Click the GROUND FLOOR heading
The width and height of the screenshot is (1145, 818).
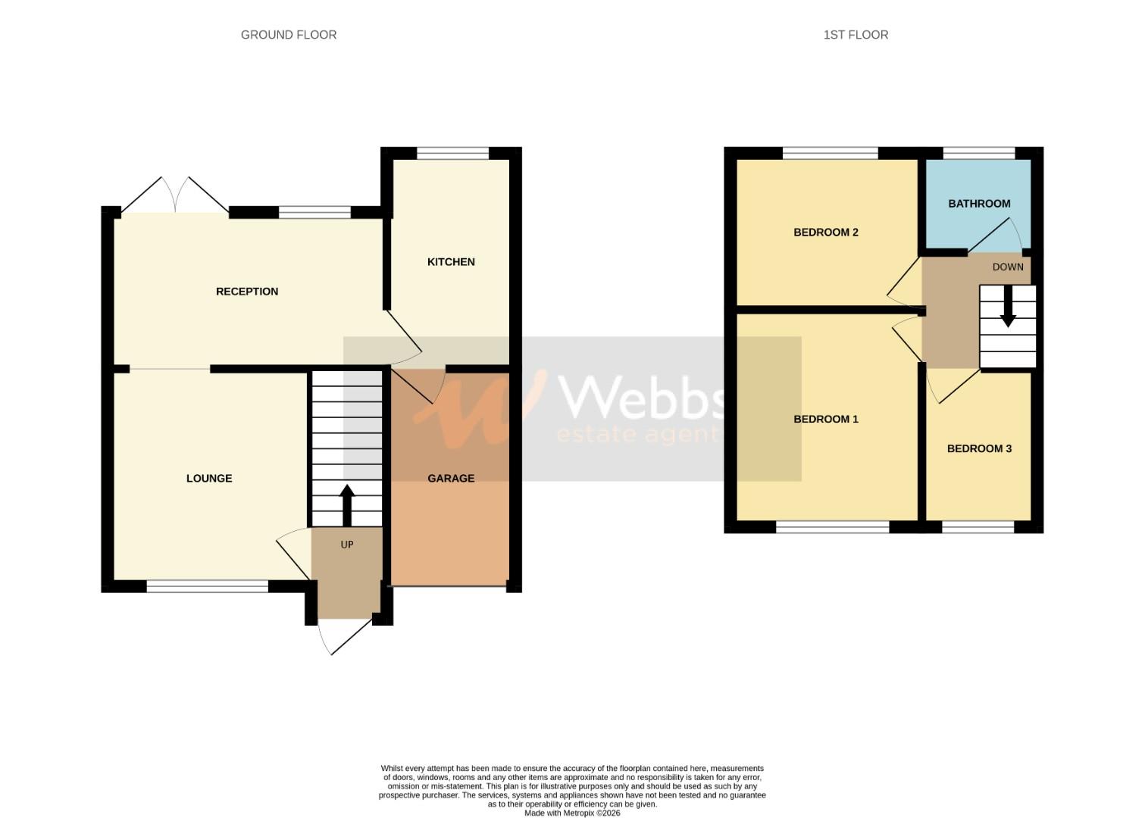(288, 35)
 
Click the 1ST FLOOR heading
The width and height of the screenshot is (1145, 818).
(856, 35)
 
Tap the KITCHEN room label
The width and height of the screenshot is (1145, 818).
(451, 262)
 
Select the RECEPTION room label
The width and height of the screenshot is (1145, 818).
(247, 292)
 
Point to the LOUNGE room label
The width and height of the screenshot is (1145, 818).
(209, 479)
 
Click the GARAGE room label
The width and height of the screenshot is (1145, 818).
(451, 479)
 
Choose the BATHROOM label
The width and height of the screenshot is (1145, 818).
(979, 204)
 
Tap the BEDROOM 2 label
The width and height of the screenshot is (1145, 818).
(825, 233)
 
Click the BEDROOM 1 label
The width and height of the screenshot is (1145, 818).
(825, 420)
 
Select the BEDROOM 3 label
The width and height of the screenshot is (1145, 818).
(979, 449)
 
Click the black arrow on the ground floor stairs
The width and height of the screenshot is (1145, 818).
(347, 504)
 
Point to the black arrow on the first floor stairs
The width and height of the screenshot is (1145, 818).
(1008, 306)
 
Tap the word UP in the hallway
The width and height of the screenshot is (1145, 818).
(347, 545)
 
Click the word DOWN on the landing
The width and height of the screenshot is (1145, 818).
(1008, 267)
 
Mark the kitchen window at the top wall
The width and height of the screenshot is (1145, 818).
(453, 153)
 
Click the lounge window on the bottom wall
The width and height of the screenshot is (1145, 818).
(208, 586)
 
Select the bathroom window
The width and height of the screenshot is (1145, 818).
(979, 153)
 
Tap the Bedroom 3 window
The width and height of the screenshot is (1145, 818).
(978, 526)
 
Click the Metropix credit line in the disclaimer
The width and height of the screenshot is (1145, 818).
(572, 813)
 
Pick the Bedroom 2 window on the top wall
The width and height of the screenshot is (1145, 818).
(831, 153)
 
